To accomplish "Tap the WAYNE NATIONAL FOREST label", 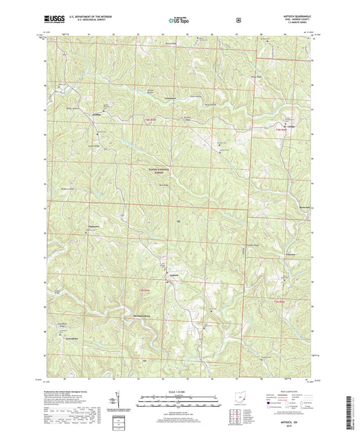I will (159, 172).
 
